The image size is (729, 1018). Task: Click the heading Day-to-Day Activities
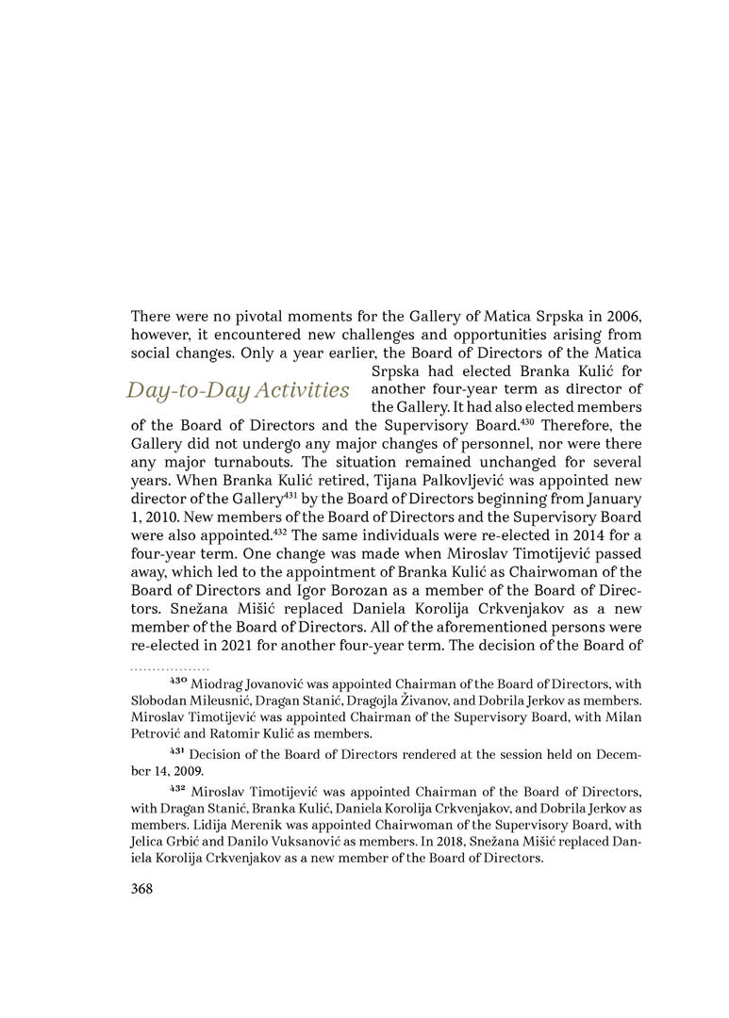tap(239, 389)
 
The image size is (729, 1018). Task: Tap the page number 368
tap(141, 888)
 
